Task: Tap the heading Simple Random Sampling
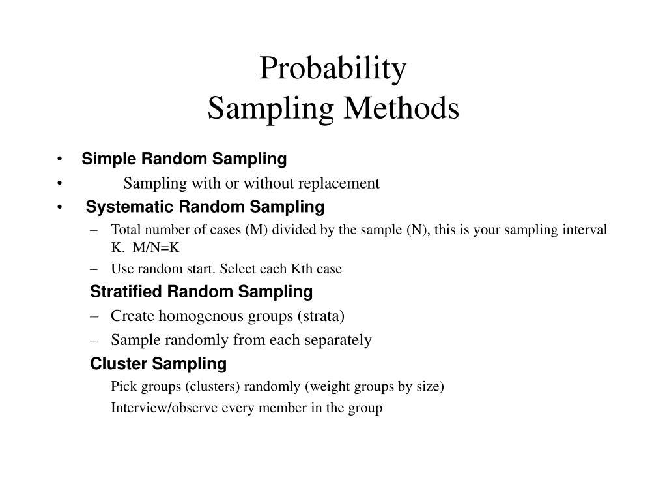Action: click(x=184, y=159)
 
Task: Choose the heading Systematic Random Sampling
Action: click(x=205, y=207)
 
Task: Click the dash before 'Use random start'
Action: click(x=95, y=269)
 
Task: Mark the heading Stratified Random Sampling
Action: click(x=201, y=291)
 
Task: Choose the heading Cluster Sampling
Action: click(x=158, y=363)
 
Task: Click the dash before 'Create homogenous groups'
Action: click(x=95, y=316)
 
